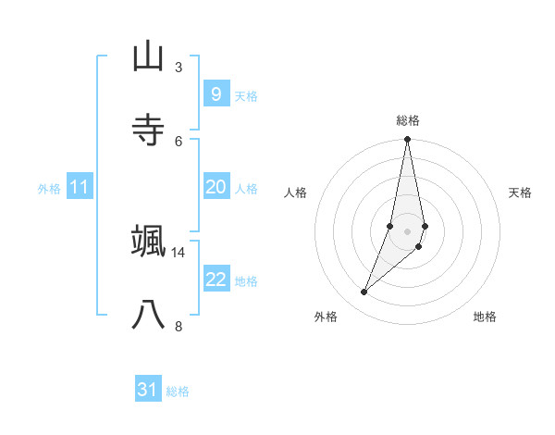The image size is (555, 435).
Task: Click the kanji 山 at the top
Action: [x=148, y=56]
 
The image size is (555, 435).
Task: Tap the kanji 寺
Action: [x=148, y=130]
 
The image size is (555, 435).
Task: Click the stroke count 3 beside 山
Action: [x=179, y=67]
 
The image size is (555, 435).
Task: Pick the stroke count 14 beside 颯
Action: [x=179, y=252]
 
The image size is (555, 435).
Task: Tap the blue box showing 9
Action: [x=216, y=94]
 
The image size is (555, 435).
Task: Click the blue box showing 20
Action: [x=216, y=187]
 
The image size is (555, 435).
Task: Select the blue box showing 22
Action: [x=216, y=280]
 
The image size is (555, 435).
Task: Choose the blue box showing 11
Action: [x=80, y=187]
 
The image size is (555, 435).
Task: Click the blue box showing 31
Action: [x=148, y=390]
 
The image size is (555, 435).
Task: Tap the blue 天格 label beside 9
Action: [x=246, y=96]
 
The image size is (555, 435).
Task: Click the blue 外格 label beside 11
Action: [x=49, y=189]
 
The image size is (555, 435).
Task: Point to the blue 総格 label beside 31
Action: [x=178, y=391]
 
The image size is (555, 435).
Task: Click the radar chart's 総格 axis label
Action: [x=408, y=120]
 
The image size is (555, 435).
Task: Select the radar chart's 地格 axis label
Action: [x=485, y=317]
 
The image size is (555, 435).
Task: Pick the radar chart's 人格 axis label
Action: [x=295, y=193]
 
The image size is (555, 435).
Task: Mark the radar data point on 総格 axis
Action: [x=408, y=140]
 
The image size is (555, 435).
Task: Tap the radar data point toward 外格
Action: [x=364, y=292]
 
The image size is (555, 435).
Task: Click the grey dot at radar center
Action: [x=408, y=231]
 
